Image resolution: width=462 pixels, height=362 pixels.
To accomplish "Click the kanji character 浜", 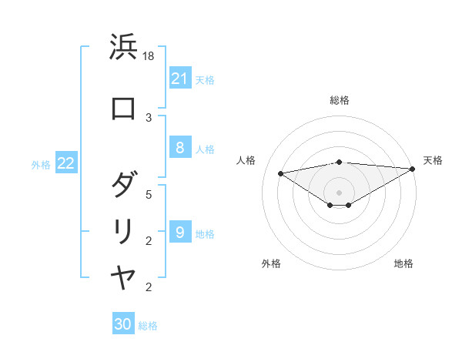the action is point(123,48).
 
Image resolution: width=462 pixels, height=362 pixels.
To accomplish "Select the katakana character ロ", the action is point(123,109).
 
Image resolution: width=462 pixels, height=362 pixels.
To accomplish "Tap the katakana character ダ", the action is point(123,186).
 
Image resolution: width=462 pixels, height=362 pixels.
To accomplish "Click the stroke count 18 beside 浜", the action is point(149,56).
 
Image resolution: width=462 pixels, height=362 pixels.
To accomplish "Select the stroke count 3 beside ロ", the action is point(149,117).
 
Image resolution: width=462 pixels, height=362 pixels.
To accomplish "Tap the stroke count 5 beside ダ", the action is point(149,194).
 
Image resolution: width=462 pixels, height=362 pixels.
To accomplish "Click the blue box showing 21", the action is point(179,79).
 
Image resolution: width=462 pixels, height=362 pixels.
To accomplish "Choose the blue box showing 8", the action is point(179,149).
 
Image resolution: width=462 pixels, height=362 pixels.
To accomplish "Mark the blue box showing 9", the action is point(179,232).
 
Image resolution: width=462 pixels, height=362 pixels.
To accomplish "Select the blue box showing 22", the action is point(66,163).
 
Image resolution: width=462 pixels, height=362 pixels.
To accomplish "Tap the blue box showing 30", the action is point(123,324).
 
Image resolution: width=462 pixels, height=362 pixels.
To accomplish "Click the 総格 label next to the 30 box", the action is point(148,326).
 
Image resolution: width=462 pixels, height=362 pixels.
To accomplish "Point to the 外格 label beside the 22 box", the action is point(41,164).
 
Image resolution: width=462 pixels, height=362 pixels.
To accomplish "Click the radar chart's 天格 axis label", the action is point(433,160).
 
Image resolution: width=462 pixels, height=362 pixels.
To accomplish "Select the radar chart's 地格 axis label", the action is point(403,263).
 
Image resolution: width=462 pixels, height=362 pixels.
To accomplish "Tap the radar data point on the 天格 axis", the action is point(413,169).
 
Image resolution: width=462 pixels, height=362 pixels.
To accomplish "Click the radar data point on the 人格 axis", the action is point(280,173).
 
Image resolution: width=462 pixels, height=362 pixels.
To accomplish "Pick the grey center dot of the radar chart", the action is point(340,192).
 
